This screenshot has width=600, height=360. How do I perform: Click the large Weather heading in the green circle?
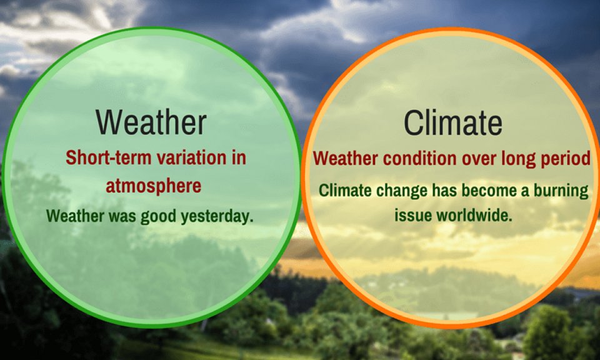(x=151, y=122)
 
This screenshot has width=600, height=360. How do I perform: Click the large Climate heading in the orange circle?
(x=452, y=122)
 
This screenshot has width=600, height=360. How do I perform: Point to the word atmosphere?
(x=154, y=186)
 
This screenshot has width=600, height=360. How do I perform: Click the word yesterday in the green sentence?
(x=217, y=216)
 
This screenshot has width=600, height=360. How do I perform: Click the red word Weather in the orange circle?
(x=346, y=158)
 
